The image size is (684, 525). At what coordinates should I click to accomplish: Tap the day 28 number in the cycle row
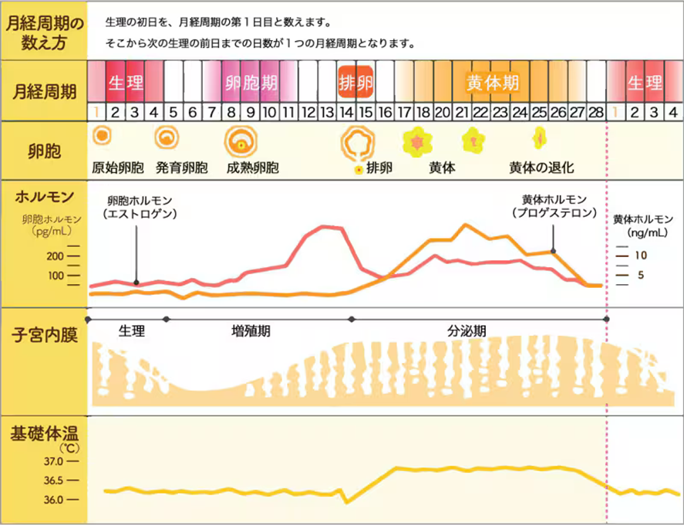[x=595, y=112]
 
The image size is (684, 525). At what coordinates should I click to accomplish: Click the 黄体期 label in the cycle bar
[x=492, y=81]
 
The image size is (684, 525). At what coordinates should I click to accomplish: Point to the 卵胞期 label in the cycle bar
[x=251, y=81]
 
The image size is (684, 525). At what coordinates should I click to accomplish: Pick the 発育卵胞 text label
[x=181, y=167]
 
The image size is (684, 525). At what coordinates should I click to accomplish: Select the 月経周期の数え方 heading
[x=43, y=31]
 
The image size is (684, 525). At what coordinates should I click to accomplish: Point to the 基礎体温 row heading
[x=43, y=434]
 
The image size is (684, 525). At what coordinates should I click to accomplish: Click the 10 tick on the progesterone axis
[x=639, y=255]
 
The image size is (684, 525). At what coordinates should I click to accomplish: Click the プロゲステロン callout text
[x=554, y=212]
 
